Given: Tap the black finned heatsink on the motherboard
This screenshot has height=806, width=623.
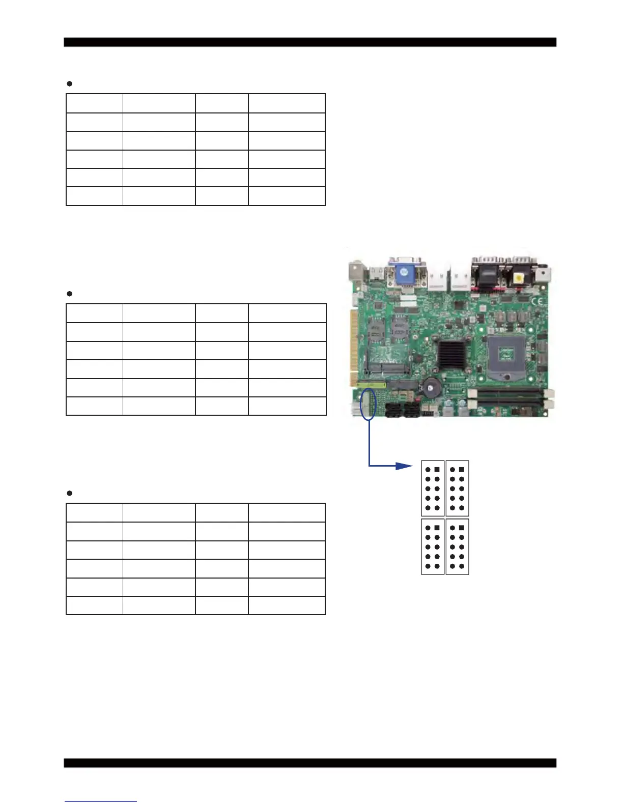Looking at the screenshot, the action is [x=451, y=354].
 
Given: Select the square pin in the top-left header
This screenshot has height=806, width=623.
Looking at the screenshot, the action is [x=437, y=470].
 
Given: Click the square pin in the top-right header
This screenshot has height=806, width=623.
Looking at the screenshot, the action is [x=461, y=470].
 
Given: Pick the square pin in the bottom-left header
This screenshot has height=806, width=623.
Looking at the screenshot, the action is [x=437, y=528].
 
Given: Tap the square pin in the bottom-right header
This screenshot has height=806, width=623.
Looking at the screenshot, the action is [x=461, y=528].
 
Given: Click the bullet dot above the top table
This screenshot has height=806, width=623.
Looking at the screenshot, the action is [x=70, y=83].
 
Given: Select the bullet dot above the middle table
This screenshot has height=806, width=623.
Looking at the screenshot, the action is [x=70, y=294].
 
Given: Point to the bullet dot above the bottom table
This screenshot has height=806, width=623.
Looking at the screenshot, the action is [x=70, y=493].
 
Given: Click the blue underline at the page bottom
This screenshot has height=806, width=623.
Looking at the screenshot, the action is [x=101, y=801].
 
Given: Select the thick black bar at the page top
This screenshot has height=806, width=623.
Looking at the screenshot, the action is [x=310, y=42].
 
